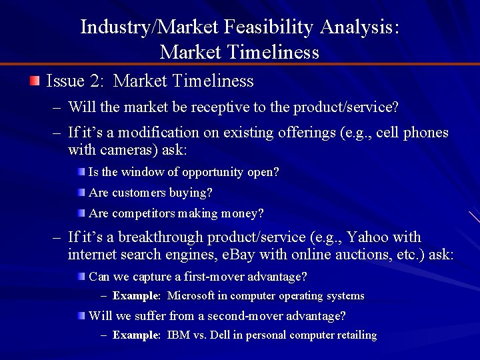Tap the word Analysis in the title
(359, 27)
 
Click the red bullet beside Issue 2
(35, 81)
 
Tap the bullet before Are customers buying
(81, 193)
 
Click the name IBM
(178, 335)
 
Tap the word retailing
(355, 335)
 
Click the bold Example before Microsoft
(137, 295)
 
